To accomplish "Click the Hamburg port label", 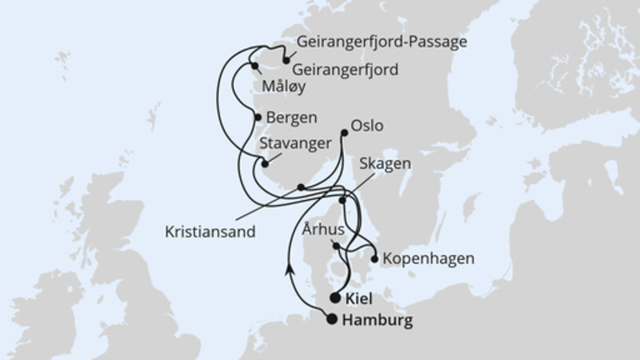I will pyautogui.click(x=377, y=321).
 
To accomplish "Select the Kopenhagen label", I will pyautogui.click(x=429, y=259).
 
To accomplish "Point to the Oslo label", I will pyautogui.click(x=368, y=126).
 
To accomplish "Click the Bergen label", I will pyautogui.click(x=293, y=118).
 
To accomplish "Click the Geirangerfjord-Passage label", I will pyautogui.click(x=381, y=42).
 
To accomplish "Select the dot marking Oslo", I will pyautogui.click(x=344, y=132).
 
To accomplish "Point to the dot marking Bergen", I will pyautogui.click(x=258, y=118).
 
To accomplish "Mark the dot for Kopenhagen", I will pyautogui.click(x=374, y=258).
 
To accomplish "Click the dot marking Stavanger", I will pyautogui.click(x=263, y=163).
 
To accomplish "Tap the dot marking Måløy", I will pyautogui.click(x=255, y=66).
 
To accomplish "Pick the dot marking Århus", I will pyautogui.click(x=337, y=246).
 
